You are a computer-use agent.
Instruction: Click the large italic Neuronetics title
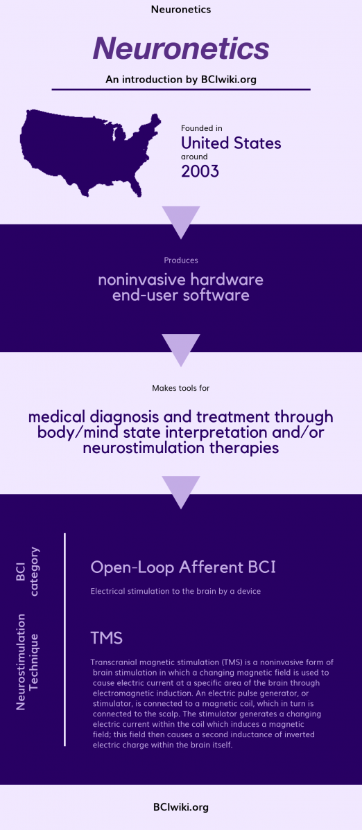[180, 49]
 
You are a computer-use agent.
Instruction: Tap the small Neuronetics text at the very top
[180, 10]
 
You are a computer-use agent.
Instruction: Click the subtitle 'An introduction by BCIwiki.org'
[181, 80]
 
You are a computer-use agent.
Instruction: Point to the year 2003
[200, 171]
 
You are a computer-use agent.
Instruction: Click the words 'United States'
[231, 143]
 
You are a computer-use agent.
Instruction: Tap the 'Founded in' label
[201, 129]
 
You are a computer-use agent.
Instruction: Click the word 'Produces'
[181, 261]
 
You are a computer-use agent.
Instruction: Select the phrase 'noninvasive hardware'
[180, 280]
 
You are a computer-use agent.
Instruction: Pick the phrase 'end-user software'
[180, 296]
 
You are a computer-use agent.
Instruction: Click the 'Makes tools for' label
[180, 388]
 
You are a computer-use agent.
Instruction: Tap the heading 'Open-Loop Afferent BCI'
[183, 567]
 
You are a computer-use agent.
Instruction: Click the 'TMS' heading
[106, 637]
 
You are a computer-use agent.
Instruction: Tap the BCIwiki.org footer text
[180, 807]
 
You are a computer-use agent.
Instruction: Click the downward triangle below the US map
[180, 220]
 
